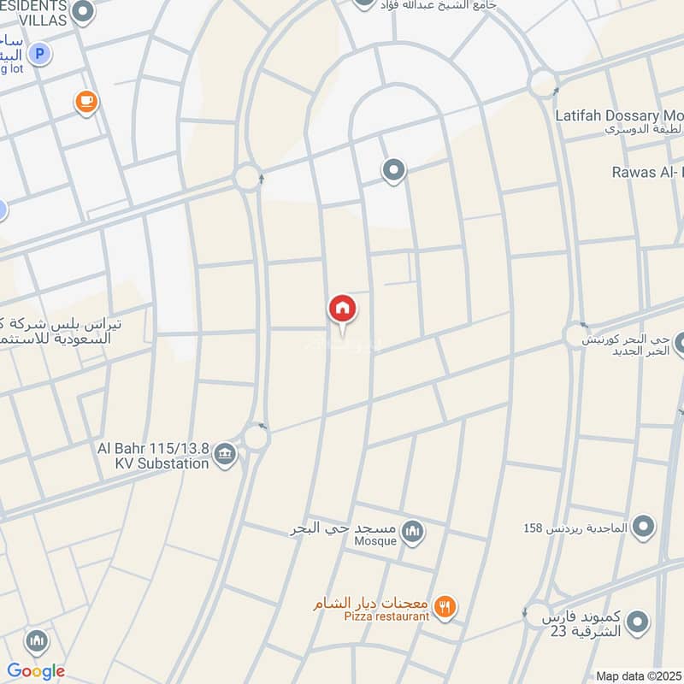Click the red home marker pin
click(x=342, y=309)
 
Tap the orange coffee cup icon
click(x=85, y=103)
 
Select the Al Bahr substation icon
click(x=225, y=454)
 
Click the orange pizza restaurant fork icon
click(x=444, y=607)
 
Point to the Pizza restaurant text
click(x=386, y=616)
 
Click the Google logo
click(x=36, y=670)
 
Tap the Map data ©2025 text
click(x=638, y=675)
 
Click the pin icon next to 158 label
click(x=643, y=528)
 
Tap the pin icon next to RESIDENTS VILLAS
click(x=83, y=11)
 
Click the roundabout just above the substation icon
click(x=256, y=437)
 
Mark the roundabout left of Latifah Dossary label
click(x=542, y=84)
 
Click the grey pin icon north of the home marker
click(x=393, y=171)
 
